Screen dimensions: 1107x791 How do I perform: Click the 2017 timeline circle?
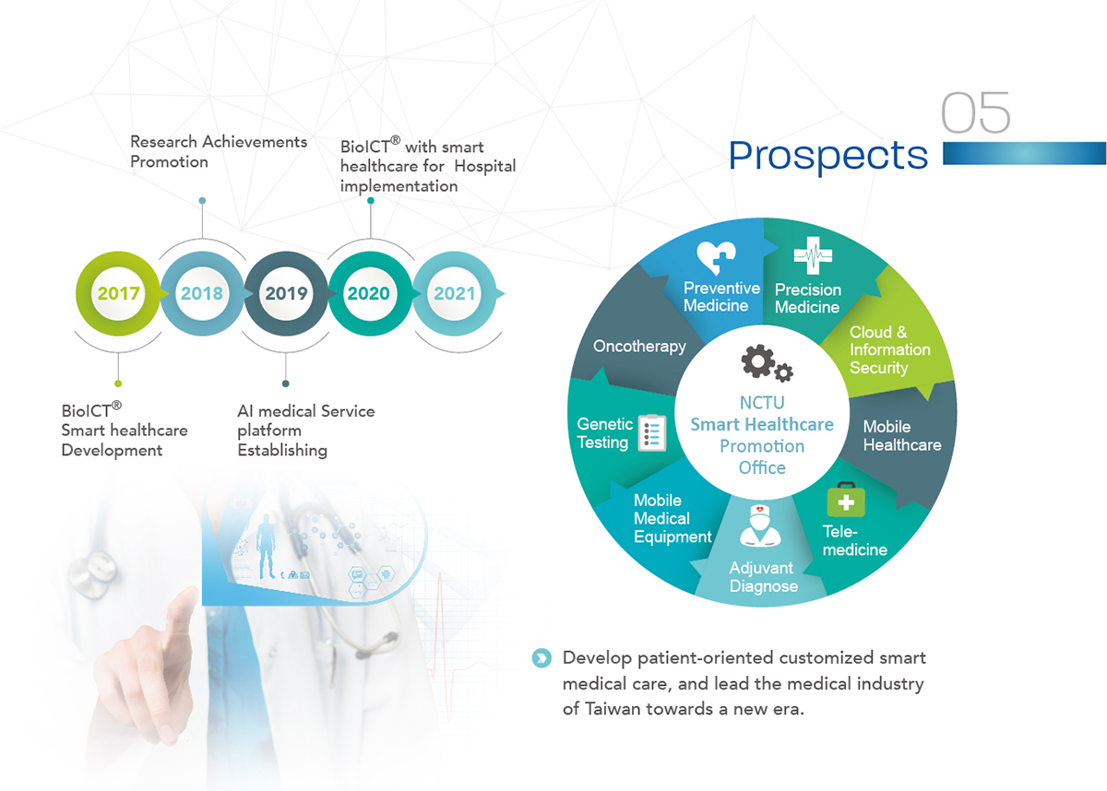(x=118, y=293)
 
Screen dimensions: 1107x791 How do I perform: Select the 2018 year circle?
(x=202, y=293)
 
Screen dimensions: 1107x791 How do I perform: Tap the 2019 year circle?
(x=286, y=293)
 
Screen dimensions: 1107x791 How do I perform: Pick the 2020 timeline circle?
(x=370, y=293)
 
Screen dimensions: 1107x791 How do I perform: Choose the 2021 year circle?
(x=454, y=293)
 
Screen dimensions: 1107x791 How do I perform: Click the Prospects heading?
(x=828, y=156)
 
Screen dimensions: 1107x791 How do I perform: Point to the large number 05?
(x=975, y=112)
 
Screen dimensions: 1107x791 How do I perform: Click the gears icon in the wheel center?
(x=767, y=363)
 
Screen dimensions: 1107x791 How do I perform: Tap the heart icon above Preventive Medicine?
(x=716, y=257)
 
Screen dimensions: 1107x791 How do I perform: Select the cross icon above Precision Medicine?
(x=813, y=255)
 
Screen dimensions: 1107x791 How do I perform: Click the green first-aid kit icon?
(x=846, y=500)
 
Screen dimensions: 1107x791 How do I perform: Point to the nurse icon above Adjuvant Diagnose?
(x=760, y=525)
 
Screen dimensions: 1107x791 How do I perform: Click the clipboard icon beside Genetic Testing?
(x=652, y=433)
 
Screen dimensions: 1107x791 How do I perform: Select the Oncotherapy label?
(x=639, y=347)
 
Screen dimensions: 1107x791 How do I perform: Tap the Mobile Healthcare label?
(x=902, y=435)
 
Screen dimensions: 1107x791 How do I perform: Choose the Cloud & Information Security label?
(x=889, y=349)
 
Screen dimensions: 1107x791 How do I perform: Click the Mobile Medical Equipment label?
(x=673, y=518)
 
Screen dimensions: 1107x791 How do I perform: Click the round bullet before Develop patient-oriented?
(x=542, y=657)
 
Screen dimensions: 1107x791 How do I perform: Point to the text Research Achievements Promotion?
(x=219, y=151)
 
